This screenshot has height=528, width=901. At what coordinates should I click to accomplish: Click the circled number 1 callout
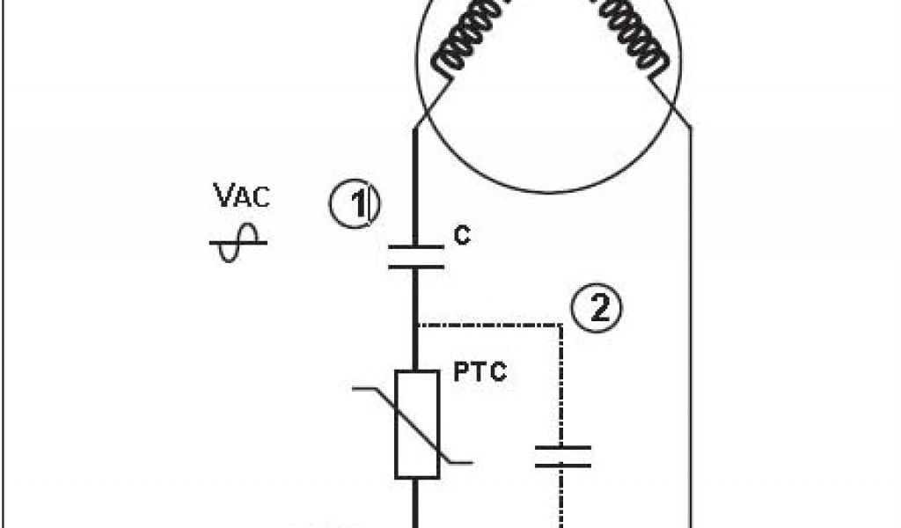pos(355,205)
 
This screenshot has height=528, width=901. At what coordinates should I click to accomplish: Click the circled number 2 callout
pos(596,309)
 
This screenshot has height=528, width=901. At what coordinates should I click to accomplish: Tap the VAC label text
pos(242,196)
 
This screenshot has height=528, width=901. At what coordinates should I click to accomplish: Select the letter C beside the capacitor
pos(460,235)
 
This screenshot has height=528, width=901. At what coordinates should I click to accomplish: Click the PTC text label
pos(480,372)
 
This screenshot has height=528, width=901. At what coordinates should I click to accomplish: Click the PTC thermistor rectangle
pos(417,424)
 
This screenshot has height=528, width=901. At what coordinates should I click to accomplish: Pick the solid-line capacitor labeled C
pos(416,256)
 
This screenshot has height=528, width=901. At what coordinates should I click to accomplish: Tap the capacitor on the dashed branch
pos(562,457)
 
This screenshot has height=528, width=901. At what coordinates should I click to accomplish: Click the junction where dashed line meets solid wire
pos(416,325)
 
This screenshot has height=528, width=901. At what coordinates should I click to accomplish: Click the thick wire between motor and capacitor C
pos(416,185)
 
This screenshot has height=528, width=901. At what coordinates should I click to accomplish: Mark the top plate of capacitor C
pos(416,247)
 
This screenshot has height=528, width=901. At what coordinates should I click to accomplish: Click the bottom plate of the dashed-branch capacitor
pos(562,466)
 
